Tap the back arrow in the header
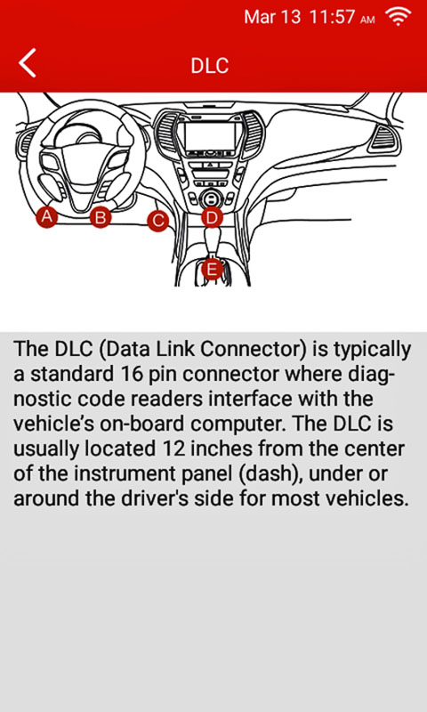(x=28, y=63)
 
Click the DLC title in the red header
(x=209, y=66)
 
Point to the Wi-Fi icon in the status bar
(x=398, y=17)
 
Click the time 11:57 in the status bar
(x=332, y=17)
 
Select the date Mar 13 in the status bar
(x=272, y=17)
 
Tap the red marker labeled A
(x=47, y=216)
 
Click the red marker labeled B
(x=101, y=217)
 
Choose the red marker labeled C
(x=158, y=221)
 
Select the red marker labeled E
(x=212, y=269)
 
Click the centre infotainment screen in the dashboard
(x=210, y=136)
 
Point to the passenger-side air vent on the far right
(x=384, y=138)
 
